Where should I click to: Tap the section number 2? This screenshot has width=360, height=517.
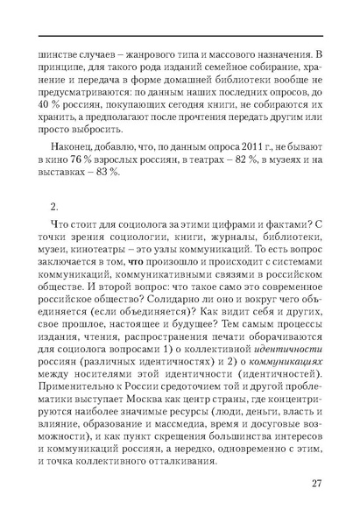tap(54, 207)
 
